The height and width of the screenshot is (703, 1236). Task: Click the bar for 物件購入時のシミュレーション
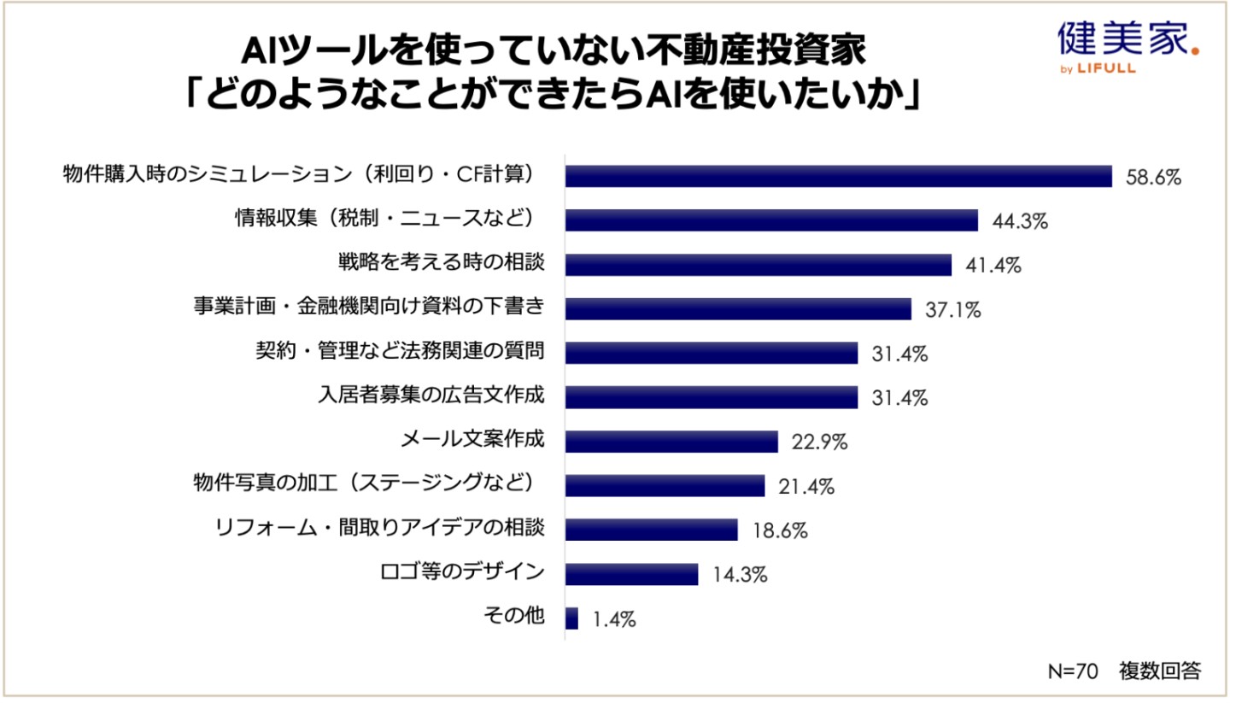[838, 176]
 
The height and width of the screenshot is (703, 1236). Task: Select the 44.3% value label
[1020, 221]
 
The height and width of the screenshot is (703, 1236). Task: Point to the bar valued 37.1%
[738, 309]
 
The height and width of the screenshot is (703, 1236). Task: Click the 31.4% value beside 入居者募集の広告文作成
[899, 398]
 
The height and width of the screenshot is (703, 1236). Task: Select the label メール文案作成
[472, 441]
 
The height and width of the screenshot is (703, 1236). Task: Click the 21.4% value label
[805, 487]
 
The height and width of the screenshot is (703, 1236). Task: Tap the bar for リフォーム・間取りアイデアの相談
[651, 530]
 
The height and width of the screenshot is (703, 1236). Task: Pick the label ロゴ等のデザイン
[461, 571]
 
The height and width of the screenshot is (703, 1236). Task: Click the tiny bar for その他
[571, 618]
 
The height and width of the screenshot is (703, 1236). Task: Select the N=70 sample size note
[1072, 671]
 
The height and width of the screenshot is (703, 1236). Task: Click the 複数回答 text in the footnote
[1159, 671]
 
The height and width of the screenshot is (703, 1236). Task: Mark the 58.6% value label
[1153, 177]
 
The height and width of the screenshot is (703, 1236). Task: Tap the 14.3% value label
[739, 575]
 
